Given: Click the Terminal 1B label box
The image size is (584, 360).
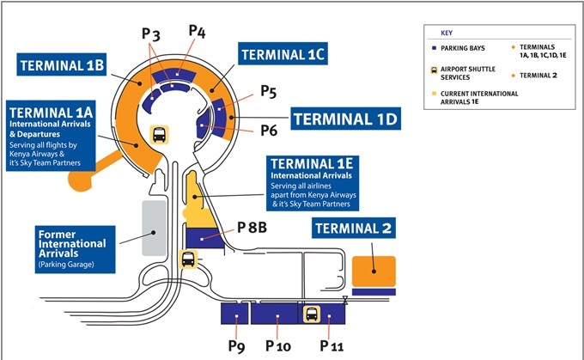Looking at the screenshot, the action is tap(62, 64).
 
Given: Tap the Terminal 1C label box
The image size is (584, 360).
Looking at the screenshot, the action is tap(283, 53).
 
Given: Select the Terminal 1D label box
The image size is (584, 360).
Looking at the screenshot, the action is tap(345, 119).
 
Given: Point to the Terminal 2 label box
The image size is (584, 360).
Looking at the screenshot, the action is tap(354, 228).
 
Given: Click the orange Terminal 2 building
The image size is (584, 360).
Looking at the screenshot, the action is tap(374, 272).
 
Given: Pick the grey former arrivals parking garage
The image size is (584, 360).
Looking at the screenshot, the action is tap(154, 228).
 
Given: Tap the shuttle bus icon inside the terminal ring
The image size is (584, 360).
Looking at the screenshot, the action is tap(160, 135).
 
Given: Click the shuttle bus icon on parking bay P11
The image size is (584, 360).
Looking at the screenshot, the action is tap(312, 314).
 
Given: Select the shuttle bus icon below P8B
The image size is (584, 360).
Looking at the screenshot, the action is tap(188, 259).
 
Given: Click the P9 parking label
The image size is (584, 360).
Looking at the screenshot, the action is tap(236, 346).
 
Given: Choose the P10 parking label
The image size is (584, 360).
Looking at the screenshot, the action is tap(278, 346).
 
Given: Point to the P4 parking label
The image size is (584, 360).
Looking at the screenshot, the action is tap(197, 32).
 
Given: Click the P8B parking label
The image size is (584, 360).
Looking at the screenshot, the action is tap(252, 228).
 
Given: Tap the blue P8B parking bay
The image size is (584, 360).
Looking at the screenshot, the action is tap(204, 238).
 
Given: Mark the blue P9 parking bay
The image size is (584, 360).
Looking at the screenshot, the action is tap(234, 314).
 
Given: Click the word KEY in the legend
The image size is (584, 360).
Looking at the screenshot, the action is tap(447, 33).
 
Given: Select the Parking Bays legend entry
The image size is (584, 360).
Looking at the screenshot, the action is tap(459, 48).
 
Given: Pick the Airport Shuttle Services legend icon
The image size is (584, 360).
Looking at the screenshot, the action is tap(434, 70).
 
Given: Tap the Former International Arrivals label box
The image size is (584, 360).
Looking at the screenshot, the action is tap(75, 249).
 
